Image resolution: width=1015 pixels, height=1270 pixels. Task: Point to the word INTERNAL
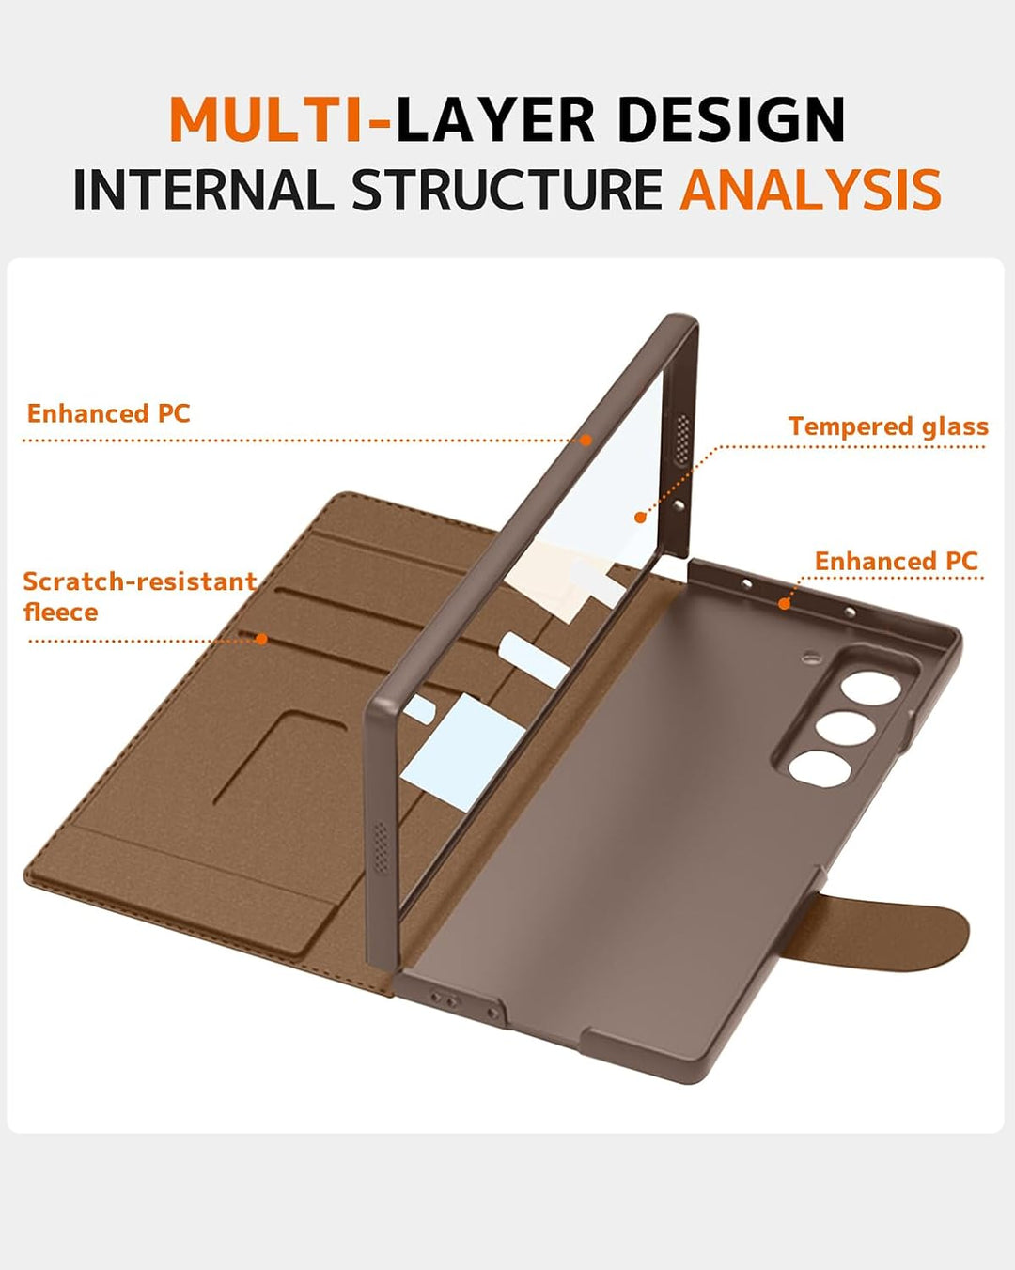(x=203, y=190)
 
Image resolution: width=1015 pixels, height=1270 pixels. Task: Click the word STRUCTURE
(x=507, y=190)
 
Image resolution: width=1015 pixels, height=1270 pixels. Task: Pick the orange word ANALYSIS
(x=810, y=190)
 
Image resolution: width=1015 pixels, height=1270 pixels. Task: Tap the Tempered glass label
(x=888, y=426)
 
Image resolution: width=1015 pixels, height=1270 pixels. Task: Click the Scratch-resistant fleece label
(x=139, y=596)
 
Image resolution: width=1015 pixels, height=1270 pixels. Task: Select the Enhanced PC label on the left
(x=109, y=413)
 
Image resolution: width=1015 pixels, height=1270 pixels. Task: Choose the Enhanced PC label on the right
(x=897, y=561)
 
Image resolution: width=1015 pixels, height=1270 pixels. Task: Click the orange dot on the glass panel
(x=640, y=518)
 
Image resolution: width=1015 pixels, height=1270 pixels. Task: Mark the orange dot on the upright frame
(x=586, y=441)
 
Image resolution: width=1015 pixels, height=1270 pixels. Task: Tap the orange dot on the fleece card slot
(x=261, y=639)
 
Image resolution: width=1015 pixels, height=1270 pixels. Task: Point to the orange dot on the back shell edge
(x=784, y=604)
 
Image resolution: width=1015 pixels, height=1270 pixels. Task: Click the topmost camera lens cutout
(x=871, y=688)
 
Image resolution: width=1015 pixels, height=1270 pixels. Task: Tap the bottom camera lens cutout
(x=820, y=768)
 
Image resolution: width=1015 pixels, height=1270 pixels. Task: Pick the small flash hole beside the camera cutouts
(x=812, y=655)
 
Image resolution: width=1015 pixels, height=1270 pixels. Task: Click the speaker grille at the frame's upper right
(x=682, y=439)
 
